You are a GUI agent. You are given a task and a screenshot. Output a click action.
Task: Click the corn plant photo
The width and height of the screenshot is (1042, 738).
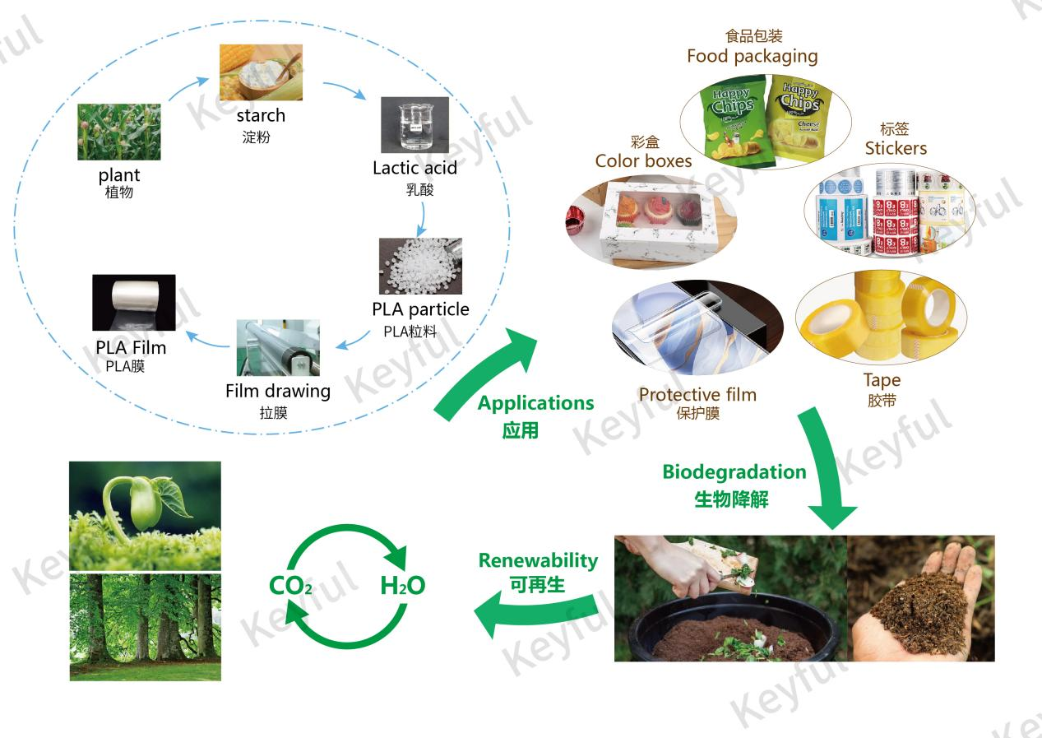(x=119, y=132)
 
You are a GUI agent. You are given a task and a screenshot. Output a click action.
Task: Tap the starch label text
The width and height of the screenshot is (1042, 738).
(x=260, y=115)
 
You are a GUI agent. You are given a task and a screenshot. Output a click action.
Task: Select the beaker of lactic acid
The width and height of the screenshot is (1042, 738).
(x=414, y=124)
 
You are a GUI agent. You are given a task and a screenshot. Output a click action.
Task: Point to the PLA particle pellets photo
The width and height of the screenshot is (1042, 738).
(x=419, y=266)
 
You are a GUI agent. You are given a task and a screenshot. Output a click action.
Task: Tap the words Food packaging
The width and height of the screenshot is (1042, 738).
(x=752, y=56)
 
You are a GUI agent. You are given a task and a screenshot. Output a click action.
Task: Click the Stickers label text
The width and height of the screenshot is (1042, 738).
(x=896, y=148)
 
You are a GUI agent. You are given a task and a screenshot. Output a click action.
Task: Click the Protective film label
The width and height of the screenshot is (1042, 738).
(x=697, y=394)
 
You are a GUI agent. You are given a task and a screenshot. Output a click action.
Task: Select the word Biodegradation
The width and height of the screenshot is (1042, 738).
(x=734, y=472)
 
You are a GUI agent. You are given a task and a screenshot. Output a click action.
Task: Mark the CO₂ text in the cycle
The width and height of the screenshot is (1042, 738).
(x=290, y=586)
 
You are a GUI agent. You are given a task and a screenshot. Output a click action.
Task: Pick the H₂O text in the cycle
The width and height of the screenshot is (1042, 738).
(x=402, y=586)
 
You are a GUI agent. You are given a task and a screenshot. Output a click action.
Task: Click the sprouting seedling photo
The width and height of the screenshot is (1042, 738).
(x=145, y=515)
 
